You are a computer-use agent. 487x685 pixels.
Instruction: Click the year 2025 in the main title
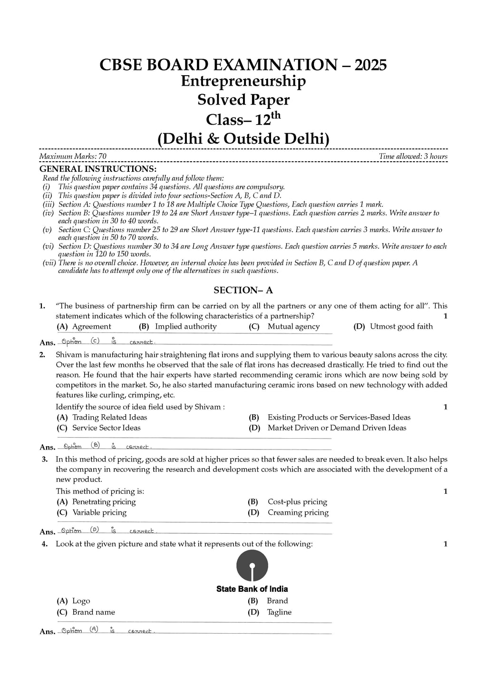tap(368, 65)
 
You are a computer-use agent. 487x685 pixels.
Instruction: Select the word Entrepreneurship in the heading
tap(243, 81)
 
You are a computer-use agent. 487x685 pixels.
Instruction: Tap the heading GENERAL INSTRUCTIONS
tap(97, 169)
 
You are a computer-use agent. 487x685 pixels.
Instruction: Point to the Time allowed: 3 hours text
tap(413, 157)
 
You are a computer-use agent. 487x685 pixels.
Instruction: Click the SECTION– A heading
tap(243, 290)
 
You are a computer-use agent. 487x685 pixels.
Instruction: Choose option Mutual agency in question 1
tap(293, 326)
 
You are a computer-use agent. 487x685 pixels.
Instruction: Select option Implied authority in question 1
tap(185, 326)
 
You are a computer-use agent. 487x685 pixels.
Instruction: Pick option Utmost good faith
tap(401, 326)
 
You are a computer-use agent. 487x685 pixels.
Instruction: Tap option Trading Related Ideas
tap(109, 417)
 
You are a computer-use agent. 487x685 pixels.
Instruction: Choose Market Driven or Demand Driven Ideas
tap(337, 428)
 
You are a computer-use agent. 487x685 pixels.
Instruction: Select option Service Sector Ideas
tap(106, 428)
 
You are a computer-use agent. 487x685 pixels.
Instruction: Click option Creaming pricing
tap(298, 512)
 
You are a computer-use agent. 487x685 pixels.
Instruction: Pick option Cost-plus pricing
tap(297, 501)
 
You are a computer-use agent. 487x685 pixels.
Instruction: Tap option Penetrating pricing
tap(104, 501)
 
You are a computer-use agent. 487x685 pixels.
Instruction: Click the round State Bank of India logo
tap(252, 566)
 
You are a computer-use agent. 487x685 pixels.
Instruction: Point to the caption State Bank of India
tap(252, 589)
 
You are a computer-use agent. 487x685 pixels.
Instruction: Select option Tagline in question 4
tap(279, 612)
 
